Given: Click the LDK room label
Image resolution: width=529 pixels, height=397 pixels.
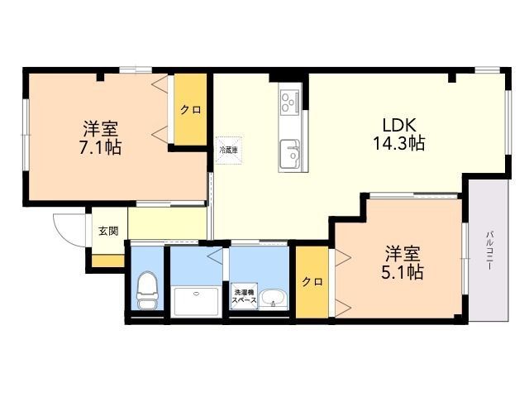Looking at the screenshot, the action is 399,125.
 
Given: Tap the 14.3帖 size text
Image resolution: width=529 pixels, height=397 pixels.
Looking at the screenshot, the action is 398,143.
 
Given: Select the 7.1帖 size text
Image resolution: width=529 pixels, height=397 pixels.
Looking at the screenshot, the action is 101,147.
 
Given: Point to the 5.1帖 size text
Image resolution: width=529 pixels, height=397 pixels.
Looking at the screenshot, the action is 403,272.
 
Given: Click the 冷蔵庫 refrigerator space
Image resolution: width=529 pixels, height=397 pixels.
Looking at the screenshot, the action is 229,151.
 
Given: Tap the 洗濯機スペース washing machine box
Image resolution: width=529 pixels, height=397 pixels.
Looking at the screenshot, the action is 244,296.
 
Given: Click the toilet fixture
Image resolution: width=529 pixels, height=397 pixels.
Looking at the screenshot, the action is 147,290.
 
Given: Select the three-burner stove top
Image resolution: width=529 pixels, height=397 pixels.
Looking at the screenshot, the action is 289,101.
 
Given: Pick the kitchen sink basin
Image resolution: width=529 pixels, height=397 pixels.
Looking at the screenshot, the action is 290,154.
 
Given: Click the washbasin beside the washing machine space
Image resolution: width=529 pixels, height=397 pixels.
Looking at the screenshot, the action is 274,299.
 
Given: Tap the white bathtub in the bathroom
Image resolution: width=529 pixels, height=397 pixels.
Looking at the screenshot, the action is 196,301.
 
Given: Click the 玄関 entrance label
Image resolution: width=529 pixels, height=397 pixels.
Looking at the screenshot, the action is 108,231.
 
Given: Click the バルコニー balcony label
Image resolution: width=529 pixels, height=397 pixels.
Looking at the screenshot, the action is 488,250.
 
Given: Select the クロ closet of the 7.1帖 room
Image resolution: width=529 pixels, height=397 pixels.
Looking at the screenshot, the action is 190,110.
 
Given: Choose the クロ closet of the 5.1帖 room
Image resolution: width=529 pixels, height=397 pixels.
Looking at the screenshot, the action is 312,282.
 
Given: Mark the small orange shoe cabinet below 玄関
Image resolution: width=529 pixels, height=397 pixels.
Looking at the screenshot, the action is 108,261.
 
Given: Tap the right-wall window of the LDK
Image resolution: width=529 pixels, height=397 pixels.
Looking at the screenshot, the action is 508,122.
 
